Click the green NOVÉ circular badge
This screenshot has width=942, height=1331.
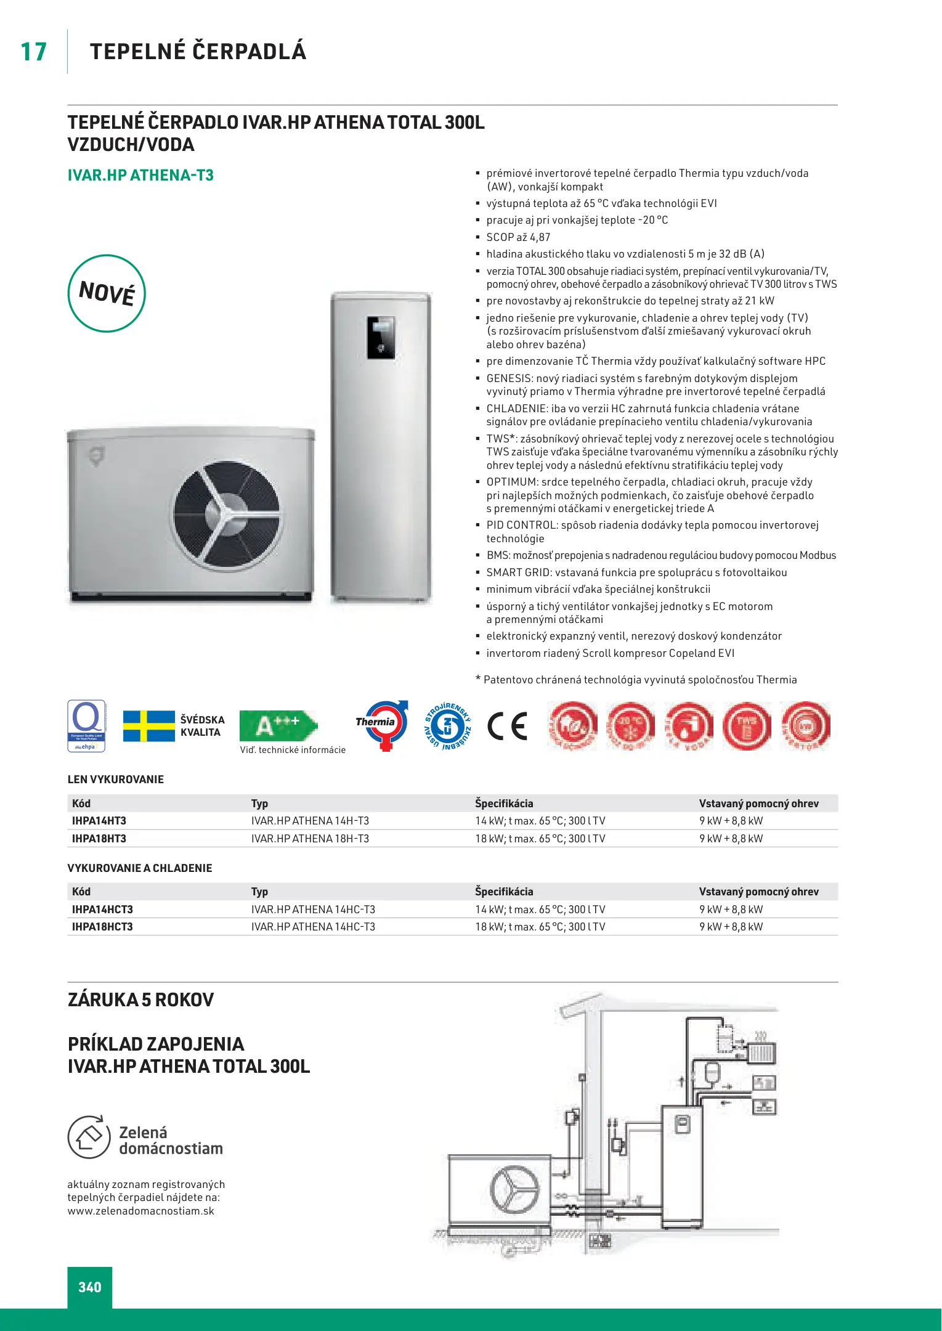pyautogui.click(x=107, y=293)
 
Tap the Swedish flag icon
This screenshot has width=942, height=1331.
pyautogui.click(x=148, y=726)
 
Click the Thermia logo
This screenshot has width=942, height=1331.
pyautogui.click(x=381, y=725)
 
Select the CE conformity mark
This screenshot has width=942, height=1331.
pyautogui.click(x=508, y=726)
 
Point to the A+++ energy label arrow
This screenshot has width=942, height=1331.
pyautogui.click(x=278, y=725)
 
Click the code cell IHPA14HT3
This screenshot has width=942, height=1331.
pyautogui.click(x=99, y=821)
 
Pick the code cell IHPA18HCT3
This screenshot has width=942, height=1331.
pyautogui.click(x=102, y=927)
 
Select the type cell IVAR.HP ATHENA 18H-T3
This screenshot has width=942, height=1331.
pyautogui.click(x=310, y=839)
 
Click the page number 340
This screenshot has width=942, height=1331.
pyautogui.click(x=90, y=1287)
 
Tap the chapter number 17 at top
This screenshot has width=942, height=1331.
pyautogui.click(x=33, y=52)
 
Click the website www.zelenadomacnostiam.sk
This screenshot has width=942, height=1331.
pyautogui.click(x=141, y=1211)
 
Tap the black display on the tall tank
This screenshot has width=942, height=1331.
pyautogui.click(x=381, y=338)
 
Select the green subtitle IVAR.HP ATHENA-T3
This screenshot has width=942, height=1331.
pyautogui.click(x=140, y=176)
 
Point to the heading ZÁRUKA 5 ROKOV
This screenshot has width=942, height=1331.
pyautogui.click(x=141, y=999)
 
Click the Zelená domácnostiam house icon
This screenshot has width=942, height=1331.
pyautogui.click(x=89, y=1138)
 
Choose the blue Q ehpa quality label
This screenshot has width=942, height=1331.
pyautogui.click(x=87, y=726)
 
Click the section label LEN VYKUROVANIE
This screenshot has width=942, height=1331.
pyautogui.click(x=116, y=779)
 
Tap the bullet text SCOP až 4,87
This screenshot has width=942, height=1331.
pyautogui.click(x=518, y=237)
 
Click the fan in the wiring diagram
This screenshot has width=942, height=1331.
pyautogui.click(x=514, y=1187)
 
